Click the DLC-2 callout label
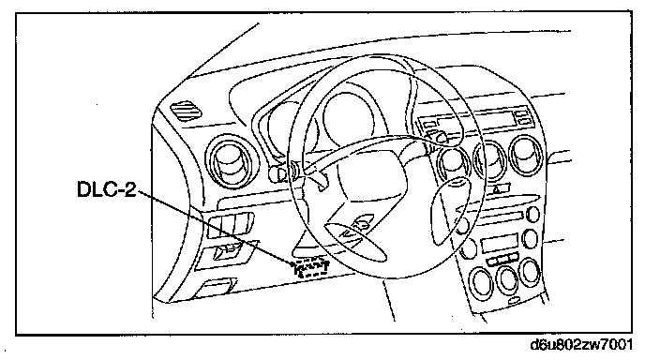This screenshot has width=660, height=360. click(107, 188)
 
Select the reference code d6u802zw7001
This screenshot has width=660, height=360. click(581, 345)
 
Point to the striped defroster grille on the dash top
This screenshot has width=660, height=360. click(186, 111)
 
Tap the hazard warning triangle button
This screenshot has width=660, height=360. click(497, 189)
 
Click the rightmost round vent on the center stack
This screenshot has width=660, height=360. click(526, 155)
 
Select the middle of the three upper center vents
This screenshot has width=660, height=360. click(490, 161)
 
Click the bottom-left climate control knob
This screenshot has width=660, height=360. click(481, 282)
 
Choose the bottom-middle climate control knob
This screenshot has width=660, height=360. click(507, 277)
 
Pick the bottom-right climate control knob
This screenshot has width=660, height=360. click(531, 271)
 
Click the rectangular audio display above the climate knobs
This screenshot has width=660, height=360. click(499, 244)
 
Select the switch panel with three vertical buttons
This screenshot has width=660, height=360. click(231, 224)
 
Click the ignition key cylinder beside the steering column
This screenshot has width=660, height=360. click(277, 172)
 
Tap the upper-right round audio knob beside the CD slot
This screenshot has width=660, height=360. click(533, 214)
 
